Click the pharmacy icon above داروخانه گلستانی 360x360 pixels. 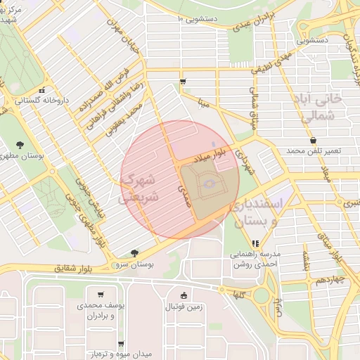(x=42, y=90)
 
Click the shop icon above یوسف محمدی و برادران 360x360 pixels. (x=102, y=295)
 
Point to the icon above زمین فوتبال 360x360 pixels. (x=184, y=296)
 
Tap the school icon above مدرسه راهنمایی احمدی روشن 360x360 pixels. (x=255, y=244)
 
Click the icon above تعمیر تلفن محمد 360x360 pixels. (x=312, y=141)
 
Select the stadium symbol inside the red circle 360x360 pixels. (x=208, y=184)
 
